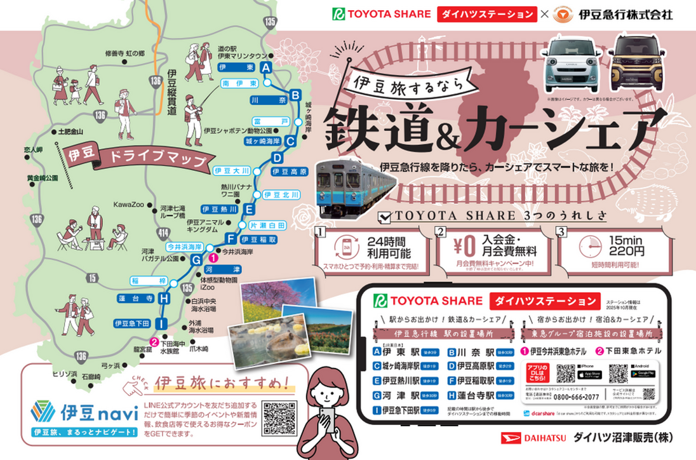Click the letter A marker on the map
coord(266,67)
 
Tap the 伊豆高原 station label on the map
coord(289,172)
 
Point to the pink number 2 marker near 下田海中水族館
coord(153,342)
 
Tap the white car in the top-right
coord(568,62)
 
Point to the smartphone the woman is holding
coord(328,419)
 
